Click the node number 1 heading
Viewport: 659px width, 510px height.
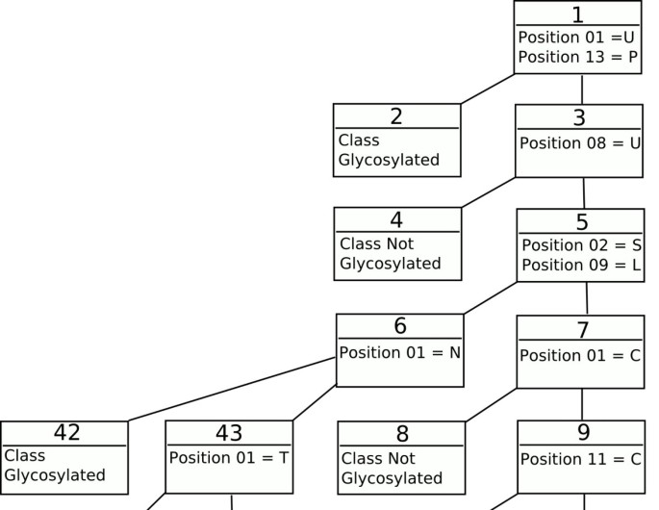pos(577,14)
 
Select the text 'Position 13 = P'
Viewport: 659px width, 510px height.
pos(577,57)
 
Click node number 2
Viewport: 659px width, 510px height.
pos(396,116)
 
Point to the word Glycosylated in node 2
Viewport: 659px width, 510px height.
pos(389,160)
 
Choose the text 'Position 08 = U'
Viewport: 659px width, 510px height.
pos(580,143)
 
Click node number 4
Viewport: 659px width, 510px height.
pos(396,219)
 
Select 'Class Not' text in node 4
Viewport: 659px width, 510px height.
pos(376,243)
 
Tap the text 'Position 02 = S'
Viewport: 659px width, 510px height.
pos(581,245)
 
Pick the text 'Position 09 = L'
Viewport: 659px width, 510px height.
pos(581,265)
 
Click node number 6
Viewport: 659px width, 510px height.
pos(400,325)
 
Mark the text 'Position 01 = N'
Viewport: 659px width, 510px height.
pos(399,352)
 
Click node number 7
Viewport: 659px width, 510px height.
pos(582,329)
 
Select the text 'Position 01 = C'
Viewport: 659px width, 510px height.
pos(580,355)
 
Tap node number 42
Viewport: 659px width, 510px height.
pos(66,432)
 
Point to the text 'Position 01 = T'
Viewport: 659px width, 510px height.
pos(229,457)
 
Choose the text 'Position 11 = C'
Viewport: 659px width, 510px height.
pos(581,459)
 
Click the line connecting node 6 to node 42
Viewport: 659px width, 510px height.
pos(231,389)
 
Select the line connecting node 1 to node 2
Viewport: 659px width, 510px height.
pos(488,89)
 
